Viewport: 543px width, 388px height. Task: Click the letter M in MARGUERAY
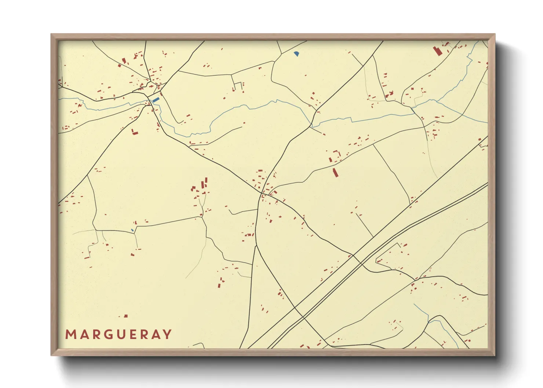click(x=70, y=334)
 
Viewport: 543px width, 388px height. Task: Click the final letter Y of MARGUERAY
click(x=167, y=334)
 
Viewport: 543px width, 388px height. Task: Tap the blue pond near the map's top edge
click(x=296, y=54)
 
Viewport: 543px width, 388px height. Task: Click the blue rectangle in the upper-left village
click(x=156, y=99)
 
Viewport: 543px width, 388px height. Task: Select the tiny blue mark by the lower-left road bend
click(x=132, y=230)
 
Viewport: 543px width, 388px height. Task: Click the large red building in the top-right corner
click(x=437, y=51)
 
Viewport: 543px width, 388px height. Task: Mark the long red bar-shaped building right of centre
click(x=335, y=172)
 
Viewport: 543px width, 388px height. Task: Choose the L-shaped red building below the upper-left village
click(x=134, y=132)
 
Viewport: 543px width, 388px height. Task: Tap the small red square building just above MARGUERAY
click(x=126, y=316)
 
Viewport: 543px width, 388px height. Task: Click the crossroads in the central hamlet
click(x=262, y=193)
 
